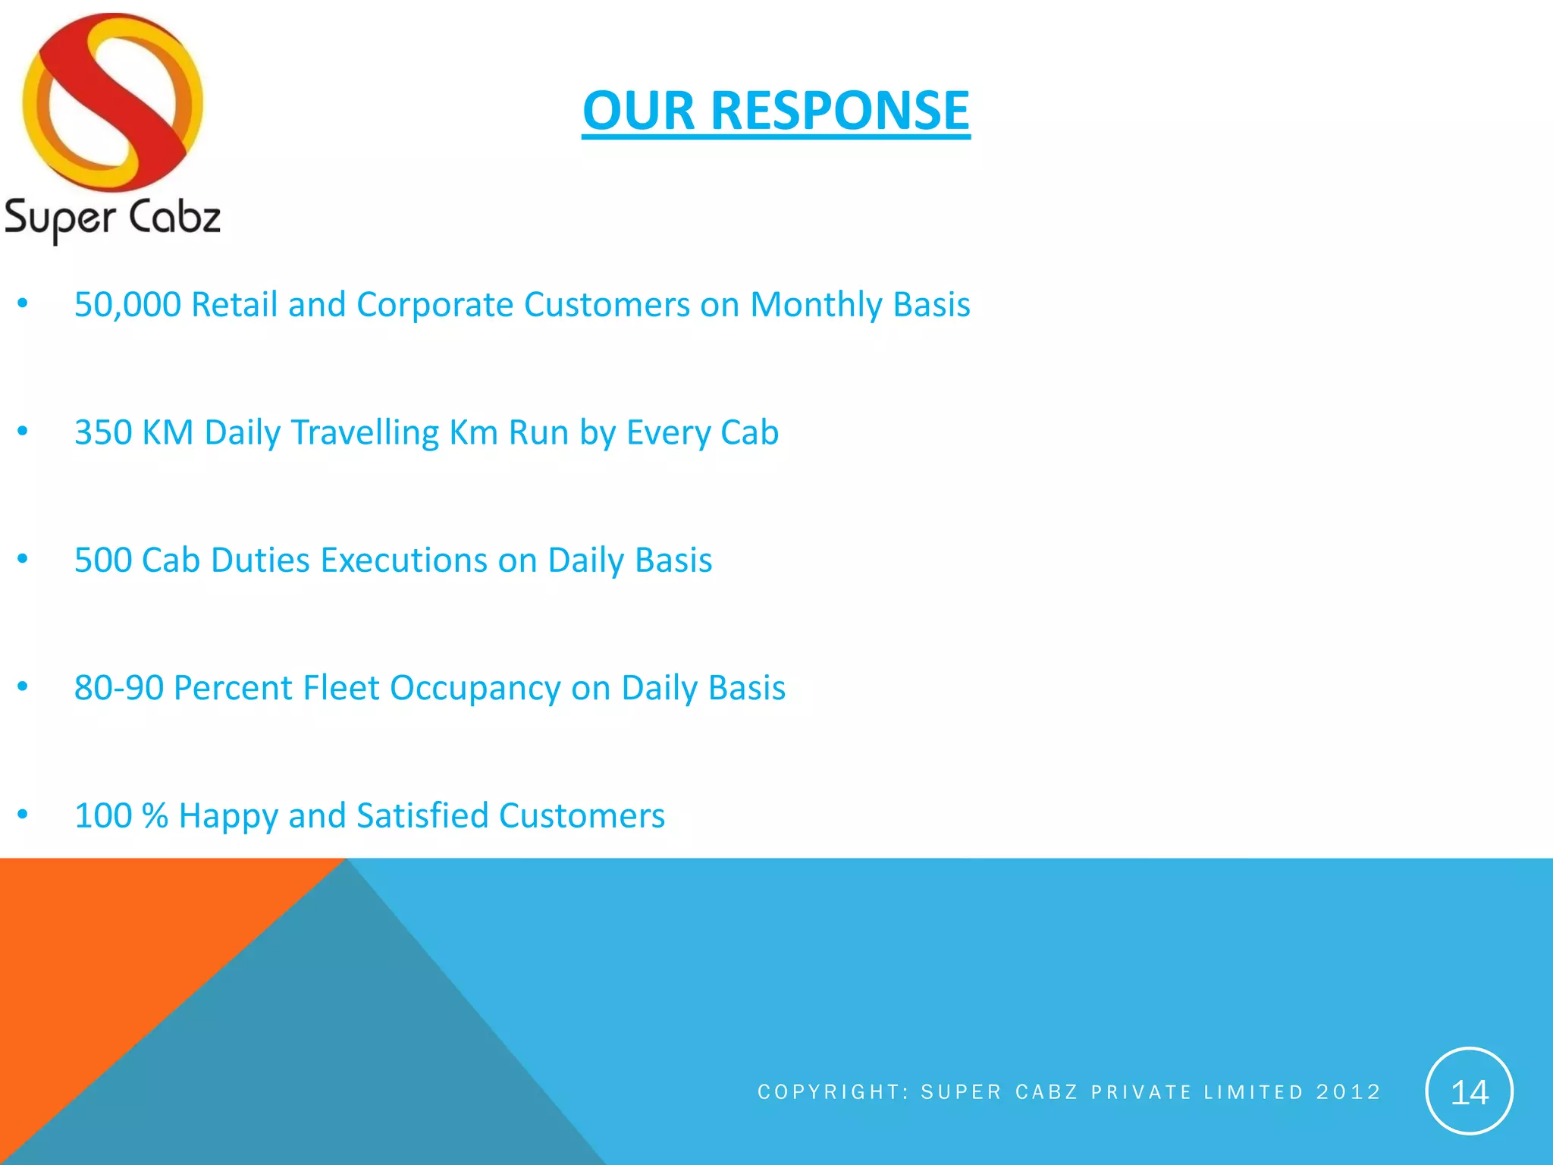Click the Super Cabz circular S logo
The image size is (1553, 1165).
pos(113,102)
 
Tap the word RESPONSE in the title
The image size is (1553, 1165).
pos(840,111)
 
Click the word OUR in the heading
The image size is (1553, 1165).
pos(638,111)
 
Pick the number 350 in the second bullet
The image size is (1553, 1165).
pos(102,432)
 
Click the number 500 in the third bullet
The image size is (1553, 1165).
pos(102,561)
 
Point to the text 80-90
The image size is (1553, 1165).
pos(119,688)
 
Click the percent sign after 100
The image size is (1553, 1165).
pos(155,816)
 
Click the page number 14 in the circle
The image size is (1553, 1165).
pos(1469,1092)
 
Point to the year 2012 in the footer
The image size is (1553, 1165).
pos(1348,1092)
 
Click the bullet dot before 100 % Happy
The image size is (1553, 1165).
pos(23,815)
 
